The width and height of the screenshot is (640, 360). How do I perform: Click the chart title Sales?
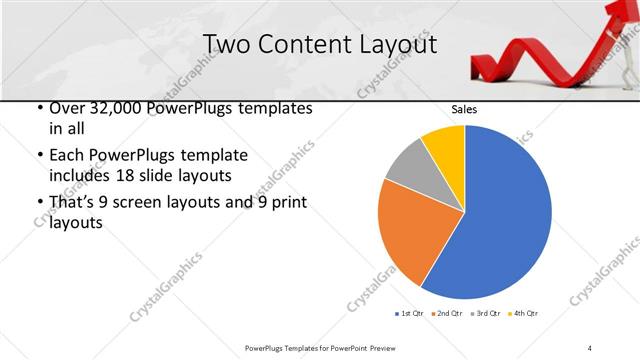[x=465, y=109]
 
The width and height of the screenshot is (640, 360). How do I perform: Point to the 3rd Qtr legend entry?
[x=487, y=314]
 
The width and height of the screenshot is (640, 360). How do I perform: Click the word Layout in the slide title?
[x=393, y=44]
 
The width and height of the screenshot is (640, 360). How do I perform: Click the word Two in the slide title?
[x=228, y=44]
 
